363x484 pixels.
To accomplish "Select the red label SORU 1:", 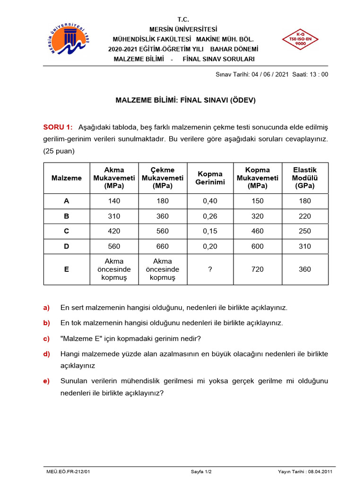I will pyautogui.click(x=58, y=127).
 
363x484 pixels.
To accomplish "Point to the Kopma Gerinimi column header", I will pyautogui.click(x=210, y=178).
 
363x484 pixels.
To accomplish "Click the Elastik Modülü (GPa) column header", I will pyautogui.click(x=305, y=178).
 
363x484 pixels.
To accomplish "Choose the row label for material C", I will pyautogui.click(x=67, y=231).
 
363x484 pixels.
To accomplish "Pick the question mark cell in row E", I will pyautogui.click(x=210, y=269).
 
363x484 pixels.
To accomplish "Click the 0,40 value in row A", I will pyautogui.click(x=210, y=201).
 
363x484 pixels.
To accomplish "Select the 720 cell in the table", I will pyautogui.click(x=258, y=269).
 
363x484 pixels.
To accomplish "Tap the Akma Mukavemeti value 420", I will pyautogui.click(x=114, y=231).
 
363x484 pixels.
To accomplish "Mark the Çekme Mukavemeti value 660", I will pyautogui.click(x=162, y=246).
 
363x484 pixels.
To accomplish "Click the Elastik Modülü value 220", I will pyautogui.click(x=305, y=216).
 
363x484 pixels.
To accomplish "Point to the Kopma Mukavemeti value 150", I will pyautogui.click(x=258, y=201).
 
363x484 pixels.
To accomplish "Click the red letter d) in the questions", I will pyautogui.click(x=46, y=354).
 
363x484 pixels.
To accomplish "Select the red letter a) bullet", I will pyautogui.click(x=46, y=308).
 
